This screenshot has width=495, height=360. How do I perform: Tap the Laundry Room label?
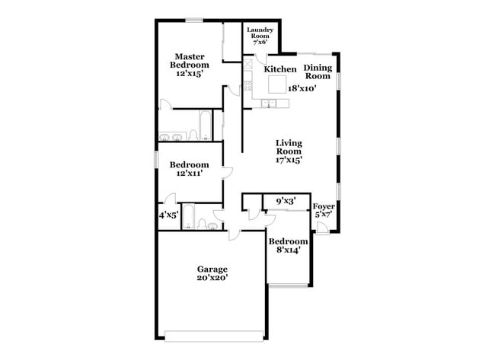tap(260, 33)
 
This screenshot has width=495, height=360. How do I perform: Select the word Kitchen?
tap(280, 69)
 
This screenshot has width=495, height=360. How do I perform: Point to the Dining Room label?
tap(318, 72)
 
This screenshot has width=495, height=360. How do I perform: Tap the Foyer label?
tap(324, 206)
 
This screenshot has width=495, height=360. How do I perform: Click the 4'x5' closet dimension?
tap(168, 215)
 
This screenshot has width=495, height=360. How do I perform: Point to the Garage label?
tap(212, 269)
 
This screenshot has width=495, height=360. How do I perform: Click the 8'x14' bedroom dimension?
tap(288, 250)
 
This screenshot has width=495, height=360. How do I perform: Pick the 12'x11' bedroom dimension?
tap(189, 174)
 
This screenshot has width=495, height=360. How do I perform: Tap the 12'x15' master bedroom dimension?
tap(190, 75)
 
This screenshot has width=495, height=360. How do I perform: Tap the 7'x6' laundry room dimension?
tap(260, 42)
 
